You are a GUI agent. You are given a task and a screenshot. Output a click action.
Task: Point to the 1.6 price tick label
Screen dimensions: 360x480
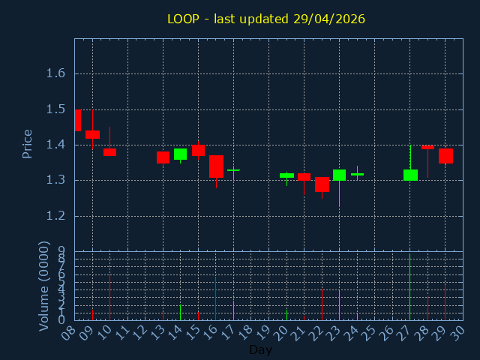coord(55,73)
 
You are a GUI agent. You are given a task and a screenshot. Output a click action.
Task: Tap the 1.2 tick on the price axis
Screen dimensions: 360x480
coord(55,216)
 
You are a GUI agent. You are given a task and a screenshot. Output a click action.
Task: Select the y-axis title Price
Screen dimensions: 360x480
coord(28,144)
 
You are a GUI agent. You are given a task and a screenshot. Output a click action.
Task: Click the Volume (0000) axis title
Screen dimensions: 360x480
coord(44,286)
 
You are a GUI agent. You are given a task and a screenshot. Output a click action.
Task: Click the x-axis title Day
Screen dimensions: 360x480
coord(260,349)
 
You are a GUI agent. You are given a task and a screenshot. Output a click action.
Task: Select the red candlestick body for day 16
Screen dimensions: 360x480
coord(216,166)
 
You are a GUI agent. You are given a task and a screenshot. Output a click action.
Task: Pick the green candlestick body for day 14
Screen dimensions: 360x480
coord(180,154)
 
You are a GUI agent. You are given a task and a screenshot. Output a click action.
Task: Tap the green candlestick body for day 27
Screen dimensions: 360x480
coord(410,175)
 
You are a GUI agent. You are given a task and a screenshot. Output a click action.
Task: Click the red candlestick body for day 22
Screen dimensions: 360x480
coord(322,184)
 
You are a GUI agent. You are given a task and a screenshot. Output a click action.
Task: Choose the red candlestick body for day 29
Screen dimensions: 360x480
coord(445,155)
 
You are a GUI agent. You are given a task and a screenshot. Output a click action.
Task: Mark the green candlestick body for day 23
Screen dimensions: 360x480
coord(339,175)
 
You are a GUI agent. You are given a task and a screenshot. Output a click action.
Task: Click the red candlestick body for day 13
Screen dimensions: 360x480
coord(163,157)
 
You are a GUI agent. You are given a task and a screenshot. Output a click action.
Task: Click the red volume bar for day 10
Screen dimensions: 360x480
coord(109,298)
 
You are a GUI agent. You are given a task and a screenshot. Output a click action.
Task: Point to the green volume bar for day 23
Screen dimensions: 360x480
coord(339,305)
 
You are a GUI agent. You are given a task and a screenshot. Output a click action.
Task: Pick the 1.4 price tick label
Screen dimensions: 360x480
coord(55,145)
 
